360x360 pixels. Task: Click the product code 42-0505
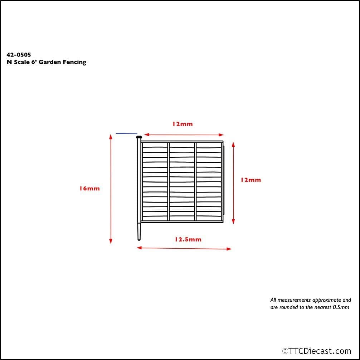[x=19, y=55]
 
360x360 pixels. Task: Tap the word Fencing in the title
[x=74, y=62]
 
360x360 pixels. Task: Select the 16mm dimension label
[x=89, y=189]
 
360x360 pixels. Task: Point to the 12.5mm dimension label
[x=188, y=239]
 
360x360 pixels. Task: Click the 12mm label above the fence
[x=182, y=124]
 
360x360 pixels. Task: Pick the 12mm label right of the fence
[x=250, y=180]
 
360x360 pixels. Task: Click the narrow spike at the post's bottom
[x=139, y=232]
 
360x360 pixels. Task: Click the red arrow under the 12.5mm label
[x=184, y=248]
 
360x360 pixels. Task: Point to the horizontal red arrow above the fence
[x=184, y=135]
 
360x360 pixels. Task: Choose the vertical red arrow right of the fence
[x=233, y=183]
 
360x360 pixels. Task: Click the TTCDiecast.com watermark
[x=316, y=351]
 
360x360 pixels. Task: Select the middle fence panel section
[x=182, y=181]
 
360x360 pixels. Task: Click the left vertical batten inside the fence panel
[x=169, y=181]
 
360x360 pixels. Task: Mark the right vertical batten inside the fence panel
[x=195, y=181]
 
